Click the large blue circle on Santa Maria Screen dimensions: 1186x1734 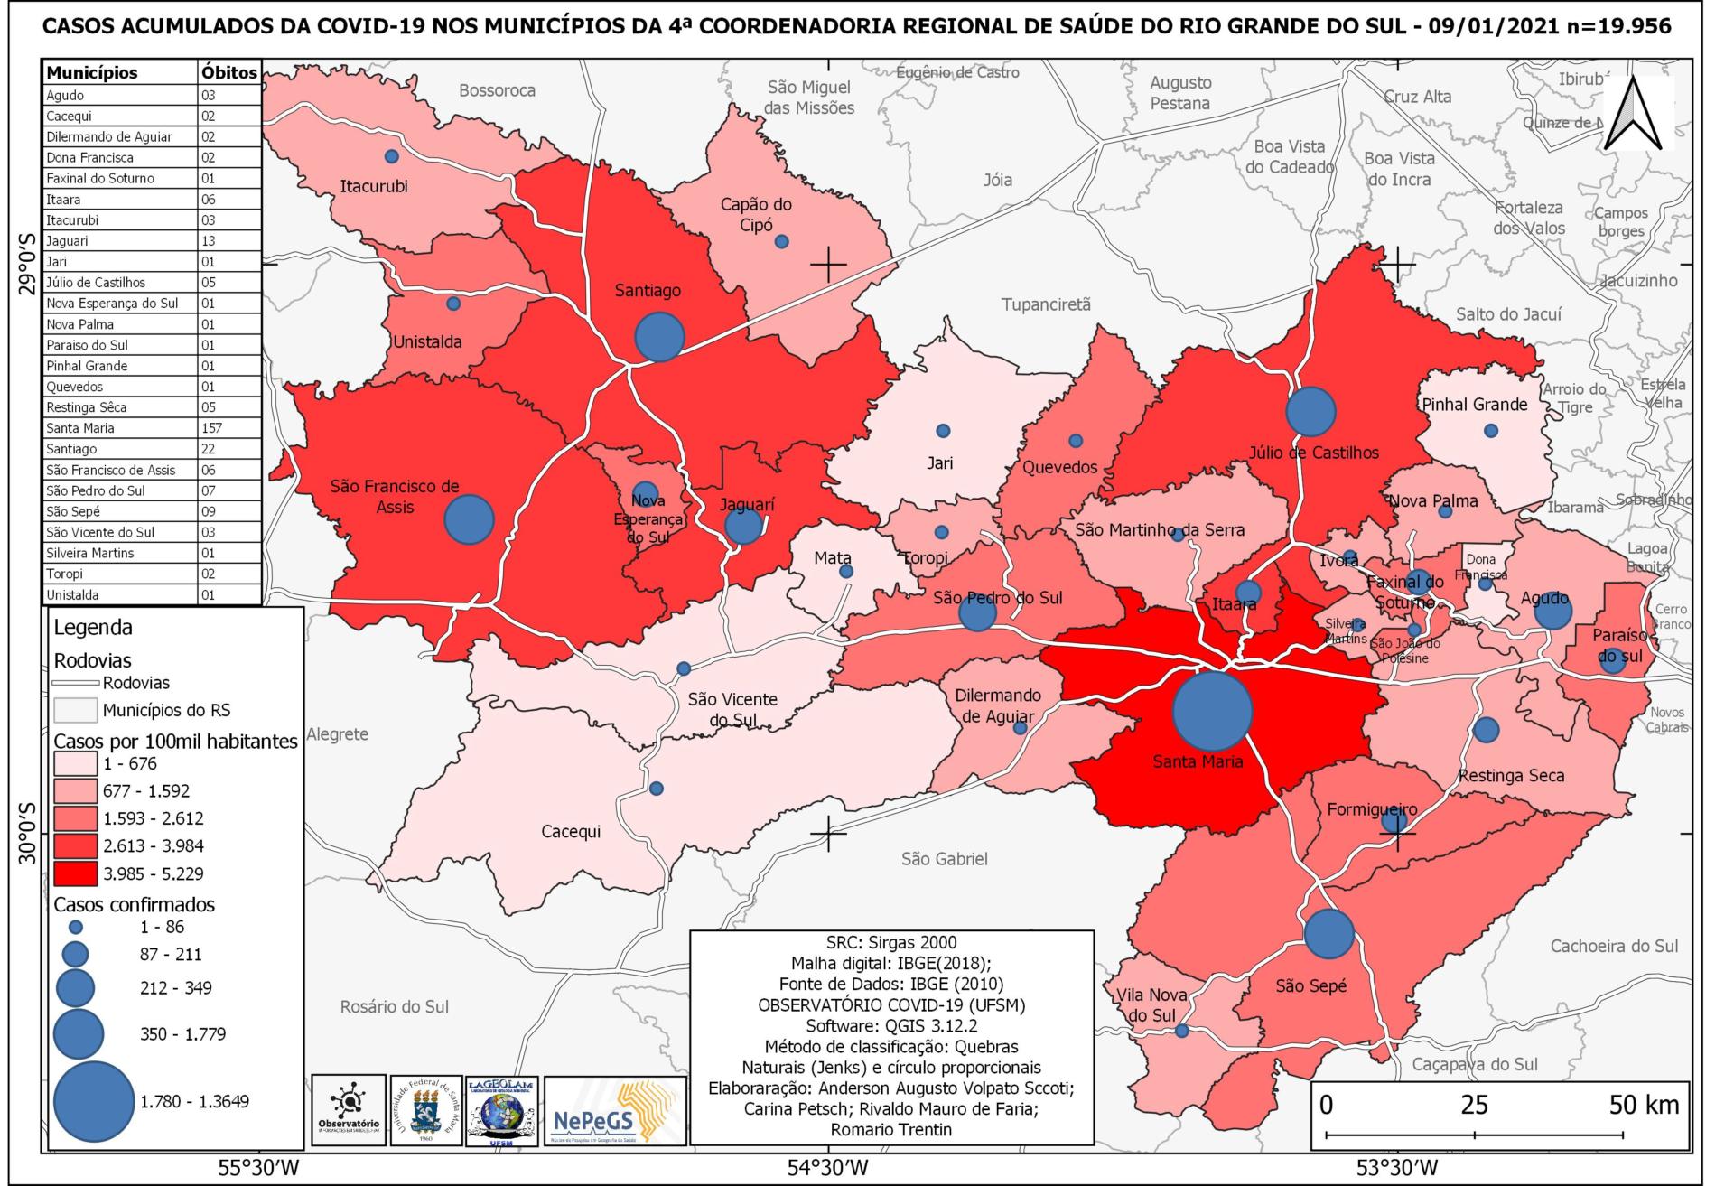point(1212,710)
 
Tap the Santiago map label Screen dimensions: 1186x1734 point(648,291)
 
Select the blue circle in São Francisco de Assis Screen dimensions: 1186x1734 point(470,519)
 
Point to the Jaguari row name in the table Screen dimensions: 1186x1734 point(67,241)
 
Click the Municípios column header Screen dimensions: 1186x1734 point(92,72)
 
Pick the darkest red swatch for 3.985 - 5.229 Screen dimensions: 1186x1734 point(75,873)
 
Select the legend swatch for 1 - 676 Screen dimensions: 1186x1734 point(75,764)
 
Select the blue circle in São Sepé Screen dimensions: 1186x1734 point(1329,934)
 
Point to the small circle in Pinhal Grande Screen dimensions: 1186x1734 point(1491,431)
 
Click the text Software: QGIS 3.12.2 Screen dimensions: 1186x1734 point(890,1026)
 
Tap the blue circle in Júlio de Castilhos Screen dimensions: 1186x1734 point(1310,411)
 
